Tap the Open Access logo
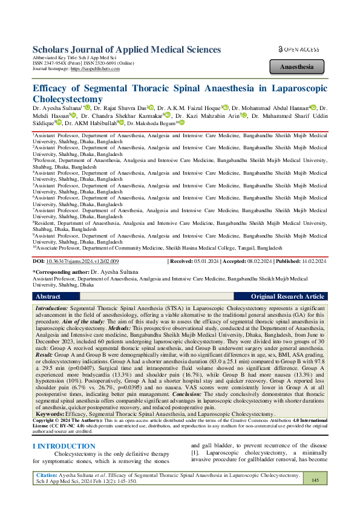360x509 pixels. point(298,48)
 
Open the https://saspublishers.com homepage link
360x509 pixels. point(93,70)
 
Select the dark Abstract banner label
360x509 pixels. point(48,297)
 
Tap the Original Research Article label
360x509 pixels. point(287,297)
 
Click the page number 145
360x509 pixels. point(315,480)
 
